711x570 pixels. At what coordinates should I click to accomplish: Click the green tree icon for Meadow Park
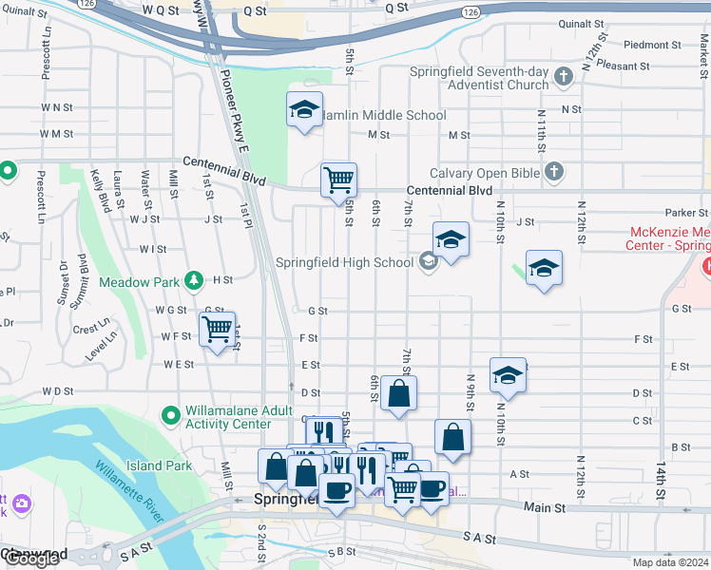coord(195,280)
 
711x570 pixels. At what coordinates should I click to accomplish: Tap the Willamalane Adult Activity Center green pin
coord(171,416)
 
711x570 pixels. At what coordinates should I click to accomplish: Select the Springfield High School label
coord(345,262)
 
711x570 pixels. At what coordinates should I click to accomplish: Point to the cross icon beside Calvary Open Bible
coord(554,172)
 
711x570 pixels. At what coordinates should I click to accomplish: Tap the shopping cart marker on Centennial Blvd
coord(338,179)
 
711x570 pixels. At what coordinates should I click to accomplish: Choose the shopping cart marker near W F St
coord(218,330)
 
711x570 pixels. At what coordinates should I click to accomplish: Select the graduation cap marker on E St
coord(508,375)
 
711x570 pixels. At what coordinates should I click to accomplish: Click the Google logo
coord(30,559)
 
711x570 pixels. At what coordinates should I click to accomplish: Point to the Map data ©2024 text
coord(670,562)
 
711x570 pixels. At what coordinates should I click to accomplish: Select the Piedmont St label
coord(646,45)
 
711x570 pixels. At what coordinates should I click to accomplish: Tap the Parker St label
coord(687,213)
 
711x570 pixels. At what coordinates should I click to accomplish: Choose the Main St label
coord(545,508)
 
